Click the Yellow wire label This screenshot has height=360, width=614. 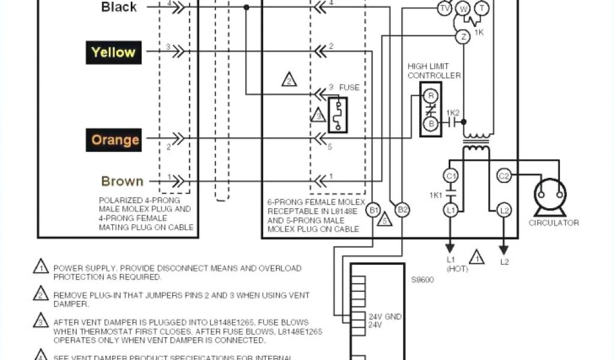point(113,52)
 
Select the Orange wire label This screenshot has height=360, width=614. point(115,140)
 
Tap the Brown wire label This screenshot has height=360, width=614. point(122,181)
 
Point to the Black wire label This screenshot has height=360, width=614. point(119,7)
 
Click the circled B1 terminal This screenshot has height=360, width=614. point(374,210)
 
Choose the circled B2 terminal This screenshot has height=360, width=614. point(403,210)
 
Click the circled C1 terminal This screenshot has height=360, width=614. point(450,176)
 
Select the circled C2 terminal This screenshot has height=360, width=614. point(504,176)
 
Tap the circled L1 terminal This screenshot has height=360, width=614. point(450,210)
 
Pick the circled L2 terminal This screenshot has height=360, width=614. point(504,210)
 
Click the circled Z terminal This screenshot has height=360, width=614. point(462,37)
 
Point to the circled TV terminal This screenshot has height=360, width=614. point(444,8)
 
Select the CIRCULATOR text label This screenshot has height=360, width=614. point(553,223)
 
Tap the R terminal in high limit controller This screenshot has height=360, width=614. point(429,96)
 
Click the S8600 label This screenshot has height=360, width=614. point(423,279)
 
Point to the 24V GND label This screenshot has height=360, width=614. point(385,316)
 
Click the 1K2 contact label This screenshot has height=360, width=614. point(453,112)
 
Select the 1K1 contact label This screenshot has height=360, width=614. point(436,195)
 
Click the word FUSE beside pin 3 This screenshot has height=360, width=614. point(350,87)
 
